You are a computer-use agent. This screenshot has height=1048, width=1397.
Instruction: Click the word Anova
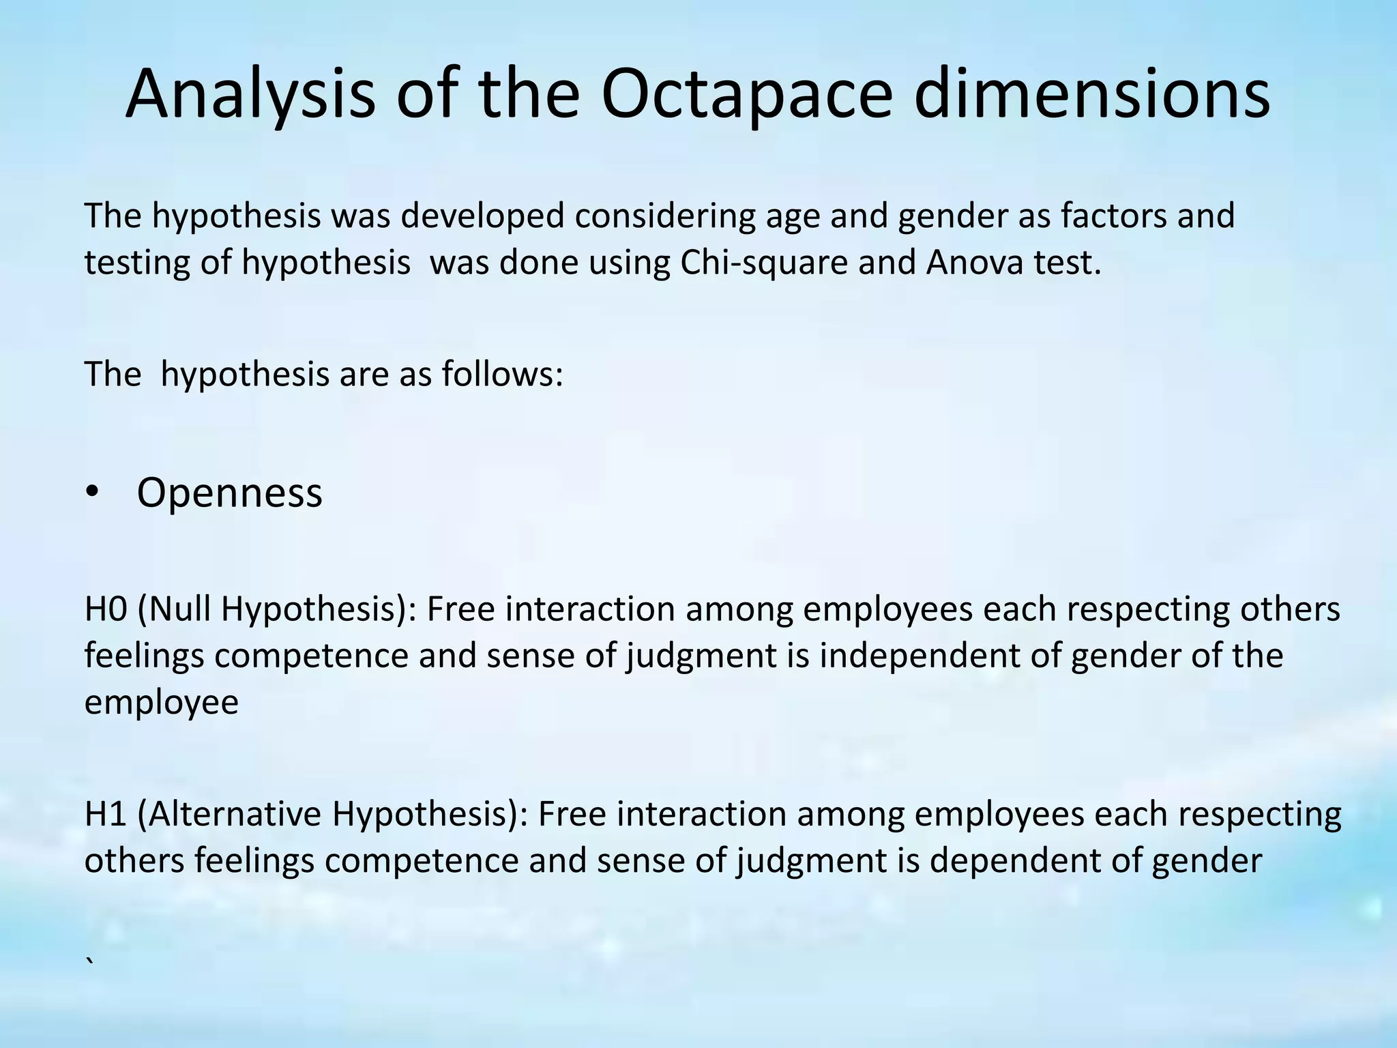974,263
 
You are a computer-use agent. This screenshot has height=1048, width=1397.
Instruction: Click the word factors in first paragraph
1104,216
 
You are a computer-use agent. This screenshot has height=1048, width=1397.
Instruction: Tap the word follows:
502,374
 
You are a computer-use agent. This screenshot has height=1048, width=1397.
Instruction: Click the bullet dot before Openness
93,493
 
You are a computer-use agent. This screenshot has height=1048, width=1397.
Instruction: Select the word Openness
229,493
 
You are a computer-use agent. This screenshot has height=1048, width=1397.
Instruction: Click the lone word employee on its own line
162,703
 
